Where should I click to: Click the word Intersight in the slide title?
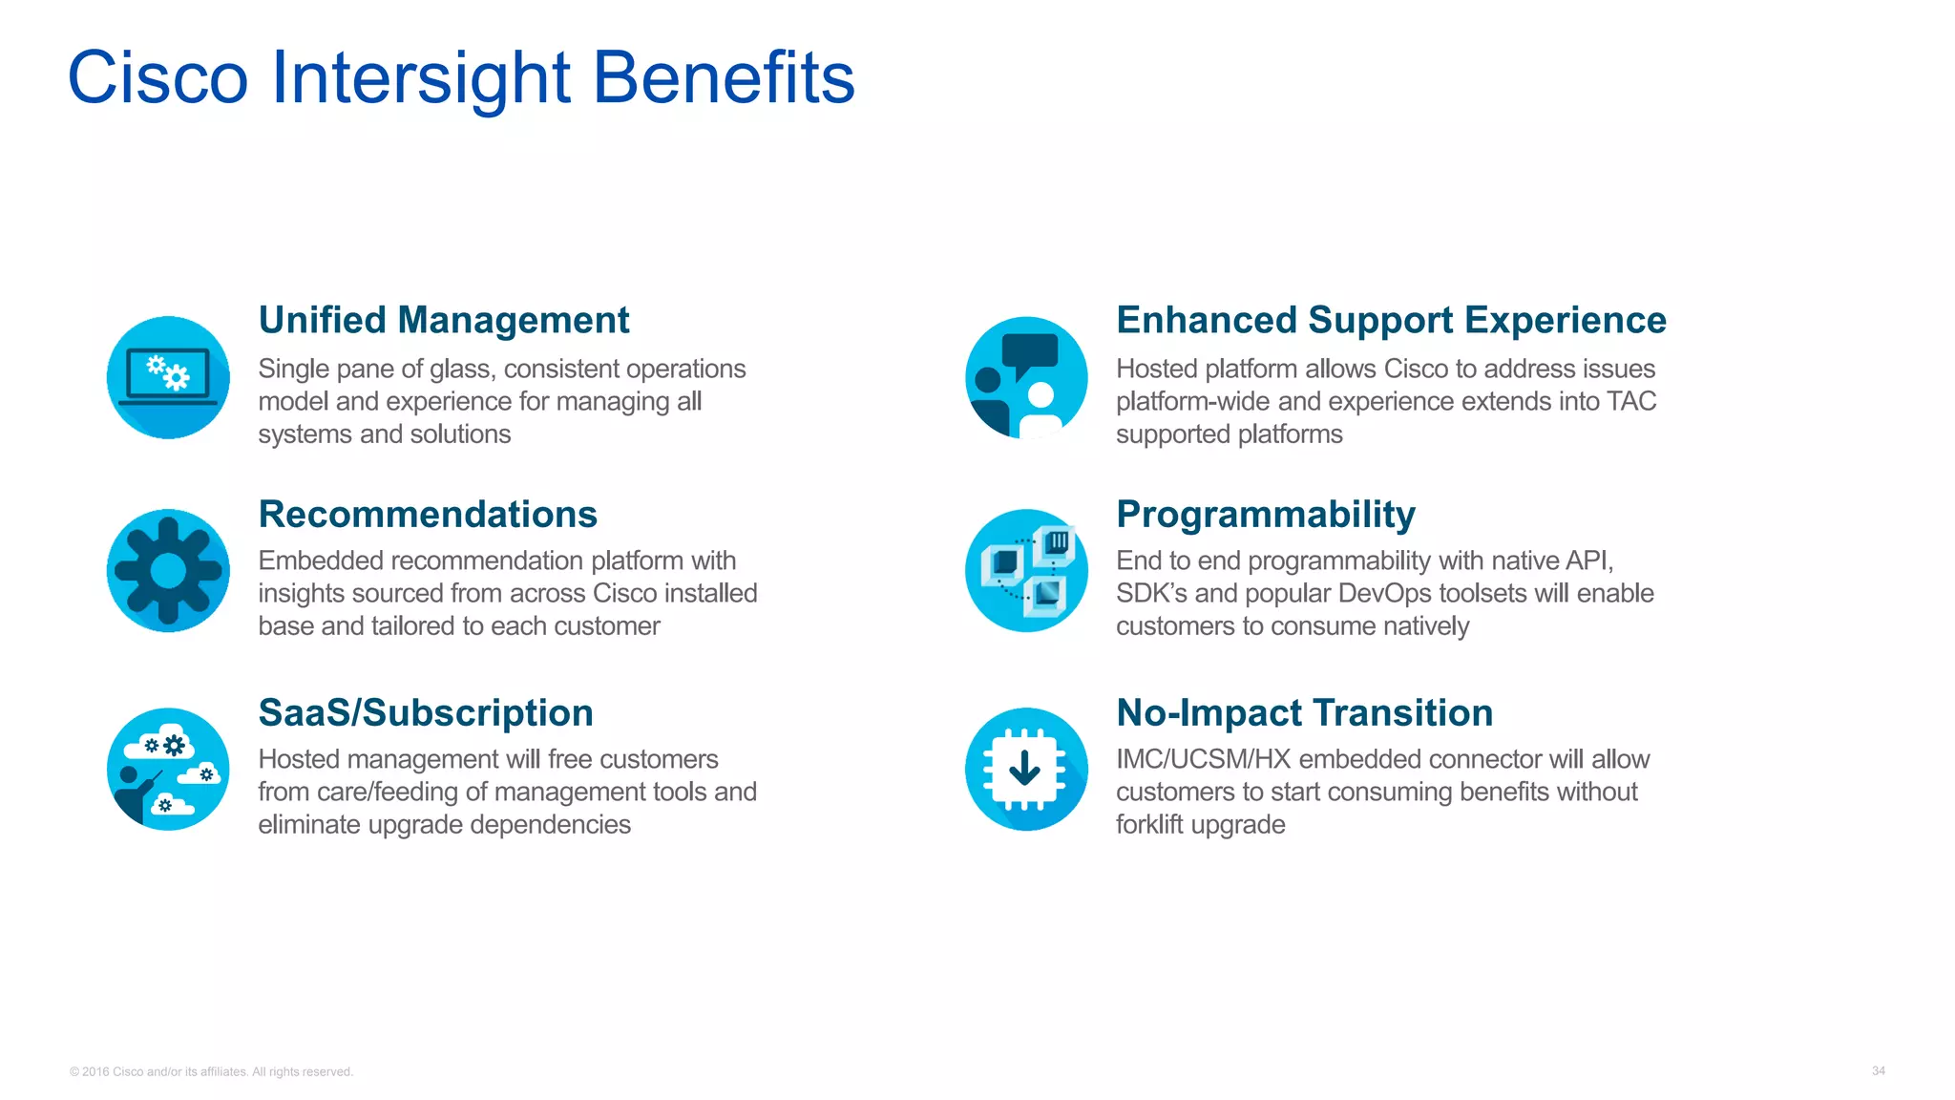(421, 78)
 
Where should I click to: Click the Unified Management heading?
(444, 320)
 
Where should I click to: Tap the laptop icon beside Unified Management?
(168, 378)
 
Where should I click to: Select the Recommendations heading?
(428, 514)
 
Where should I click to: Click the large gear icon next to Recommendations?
(168, 571)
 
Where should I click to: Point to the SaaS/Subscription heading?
(426, 712)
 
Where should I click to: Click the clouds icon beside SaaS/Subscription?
(168, 769)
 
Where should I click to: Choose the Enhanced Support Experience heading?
(1391, 320)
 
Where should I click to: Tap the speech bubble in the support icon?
(1030, 352)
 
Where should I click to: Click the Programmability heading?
(1266, 514)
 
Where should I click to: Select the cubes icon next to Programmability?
(1027, 571)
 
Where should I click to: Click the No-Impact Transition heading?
(1305, 712)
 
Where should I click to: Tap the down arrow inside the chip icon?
(1025, 767)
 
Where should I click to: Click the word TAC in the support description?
(1631, 401)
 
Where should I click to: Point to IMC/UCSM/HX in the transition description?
(1203, 759)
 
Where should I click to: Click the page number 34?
(1878, 1071)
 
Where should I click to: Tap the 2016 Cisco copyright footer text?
(211, 1072)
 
